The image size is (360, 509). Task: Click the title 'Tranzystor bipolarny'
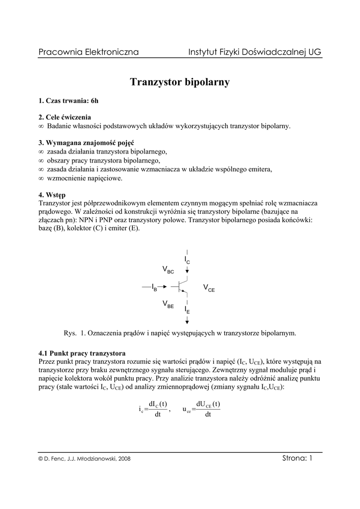(180, 82)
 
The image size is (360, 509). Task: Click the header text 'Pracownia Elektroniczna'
(89, 52)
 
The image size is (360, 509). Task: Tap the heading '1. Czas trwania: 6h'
(69, 101)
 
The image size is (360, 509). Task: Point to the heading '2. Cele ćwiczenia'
(65, 118)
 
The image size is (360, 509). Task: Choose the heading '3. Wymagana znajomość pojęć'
(86, 143)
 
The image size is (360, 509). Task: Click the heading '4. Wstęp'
(52, 194)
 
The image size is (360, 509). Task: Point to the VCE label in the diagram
(209, 288)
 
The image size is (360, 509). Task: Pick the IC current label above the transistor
(187, 260)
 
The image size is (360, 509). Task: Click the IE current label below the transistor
(187, 310)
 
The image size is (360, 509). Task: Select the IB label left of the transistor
(154, 288)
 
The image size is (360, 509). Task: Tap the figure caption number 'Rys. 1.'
(76, 333)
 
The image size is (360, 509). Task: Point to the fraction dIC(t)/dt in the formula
(158, 409)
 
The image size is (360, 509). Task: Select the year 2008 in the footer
(124, 459)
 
